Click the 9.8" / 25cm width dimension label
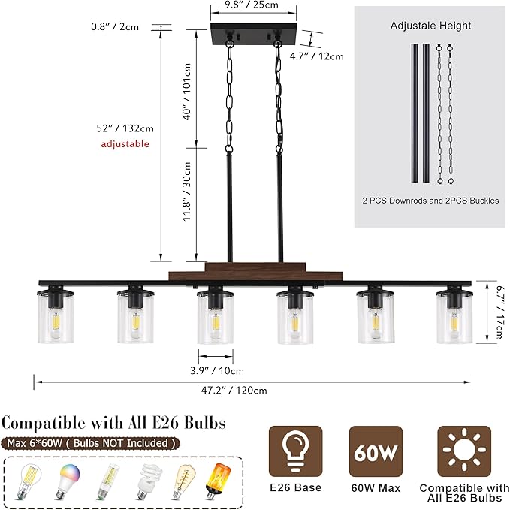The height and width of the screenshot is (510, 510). (252, 5)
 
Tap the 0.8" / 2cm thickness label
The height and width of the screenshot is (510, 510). (115, 26)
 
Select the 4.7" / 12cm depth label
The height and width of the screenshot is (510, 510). (316, 56)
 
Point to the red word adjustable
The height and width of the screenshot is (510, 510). (125, 143)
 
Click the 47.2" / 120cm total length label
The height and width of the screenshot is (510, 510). (234, 390)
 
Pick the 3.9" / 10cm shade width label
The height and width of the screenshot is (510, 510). (217, 370)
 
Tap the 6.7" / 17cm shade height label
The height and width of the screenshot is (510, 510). (500, 312)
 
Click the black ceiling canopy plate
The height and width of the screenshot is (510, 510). (254, 34)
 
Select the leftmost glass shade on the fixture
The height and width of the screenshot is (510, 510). (56, 315)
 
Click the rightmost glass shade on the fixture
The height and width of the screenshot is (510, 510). (454, 315)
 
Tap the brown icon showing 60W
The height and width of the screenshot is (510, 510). (376, 451)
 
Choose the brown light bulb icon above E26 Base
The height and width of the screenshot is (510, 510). (296, 451)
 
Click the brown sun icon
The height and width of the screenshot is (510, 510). (464, 451)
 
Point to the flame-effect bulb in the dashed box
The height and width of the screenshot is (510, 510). (218, 481)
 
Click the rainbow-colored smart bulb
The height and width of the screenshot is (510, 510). (68, 481)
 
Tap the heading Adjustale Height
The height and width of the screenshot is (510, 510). (430, 26)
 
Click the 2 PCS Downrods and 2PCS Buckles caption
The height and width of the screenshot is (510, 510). (430, 201)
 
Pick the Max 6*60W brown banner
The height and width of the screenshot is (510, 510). (91, 443)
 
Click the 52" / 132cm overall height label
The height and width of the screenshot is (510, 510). (125, 128)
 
